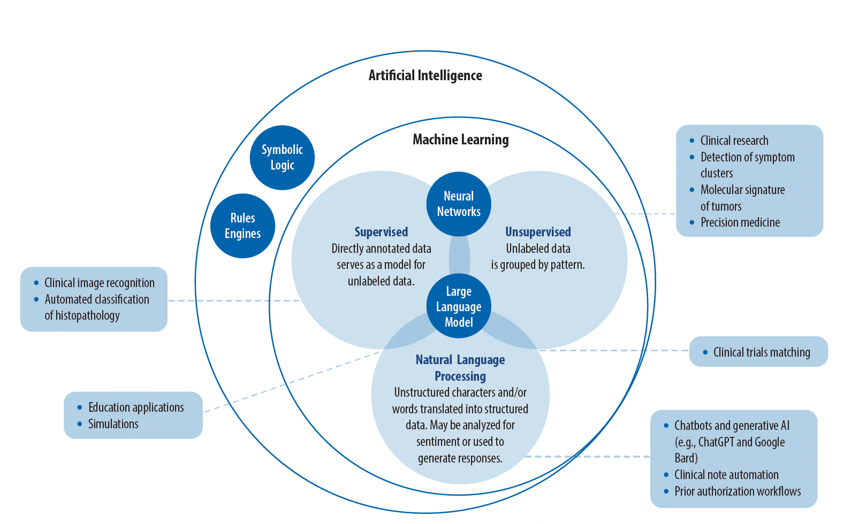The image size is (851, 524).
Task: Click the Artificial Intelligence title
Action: point(425,75)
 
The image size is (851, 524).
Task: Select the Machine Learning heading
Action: point(460,140)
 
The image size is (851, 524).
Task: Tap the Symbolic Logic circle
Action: point(282,158)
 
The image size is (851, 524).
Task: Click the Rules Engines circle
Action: point(242,226)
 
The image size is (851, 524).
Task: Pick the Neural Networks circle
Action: point(459,204)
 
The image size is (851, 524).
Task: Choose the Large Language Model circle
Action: point(459,306)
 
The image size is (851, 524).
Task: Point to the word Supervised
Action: point(381,232)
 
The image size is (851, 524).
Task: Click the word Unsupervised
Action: point(538,232)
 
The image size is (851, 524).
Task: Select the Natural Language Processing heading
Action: point(460,368)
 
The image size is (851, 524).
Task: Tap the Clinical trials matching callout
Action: point(761,352)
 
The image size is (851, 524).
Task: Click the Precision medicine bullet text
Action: point(740,222)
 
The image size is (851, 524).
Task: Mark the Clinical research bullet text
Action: point(734,141)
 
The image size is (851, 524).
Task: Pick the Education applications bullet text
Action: point(136,407)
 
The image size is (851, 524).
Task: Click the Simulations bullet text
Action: point(113,424)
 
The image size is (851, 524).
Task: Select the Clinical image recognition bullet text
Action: point(99,283)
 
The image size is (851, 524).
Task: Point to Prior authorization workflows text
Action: point(738,491)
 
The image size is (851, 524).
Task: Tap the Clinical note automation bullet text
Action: point(726,475)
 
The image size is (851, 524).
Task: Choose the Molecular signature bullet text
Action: point(742,190)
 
